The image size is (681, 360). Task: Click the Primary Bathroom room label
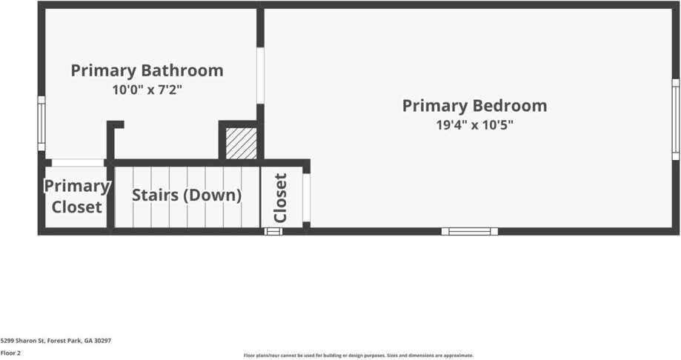point(147,71)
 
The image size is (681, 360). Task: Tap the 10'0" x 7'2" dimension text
point(147,90)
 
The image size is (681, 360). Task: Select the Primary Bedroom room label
point(474,106)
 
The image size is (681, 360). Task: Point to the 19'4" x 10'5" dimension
point(474,125)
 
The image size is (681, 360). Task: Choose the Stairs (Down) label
point(187,196)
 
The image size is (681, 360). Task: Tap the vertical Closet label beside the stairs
point(281,198)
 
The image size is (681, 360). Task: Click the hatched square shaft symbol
point(241,143)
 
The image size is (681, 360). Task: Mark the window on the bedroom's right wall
point(675,119)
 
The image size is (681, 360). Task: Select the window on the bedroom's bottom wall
point(470,231)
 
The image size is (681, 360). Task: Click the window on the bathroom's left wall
point(41,123)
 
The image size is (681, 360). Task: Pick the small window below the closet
point(273,231)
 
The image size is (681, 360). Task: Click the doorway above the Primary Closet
point(78,163)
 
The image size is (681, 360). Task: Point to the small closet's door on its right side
point(306,198)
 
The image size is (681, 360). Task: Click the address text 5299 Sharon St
point(56,341)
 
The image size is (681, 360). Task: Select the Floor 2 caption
point(10,353)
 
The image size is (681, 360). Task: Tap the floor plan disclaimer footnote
point(358,356)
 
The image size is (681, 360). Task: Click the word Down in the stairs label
point(219,196)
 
